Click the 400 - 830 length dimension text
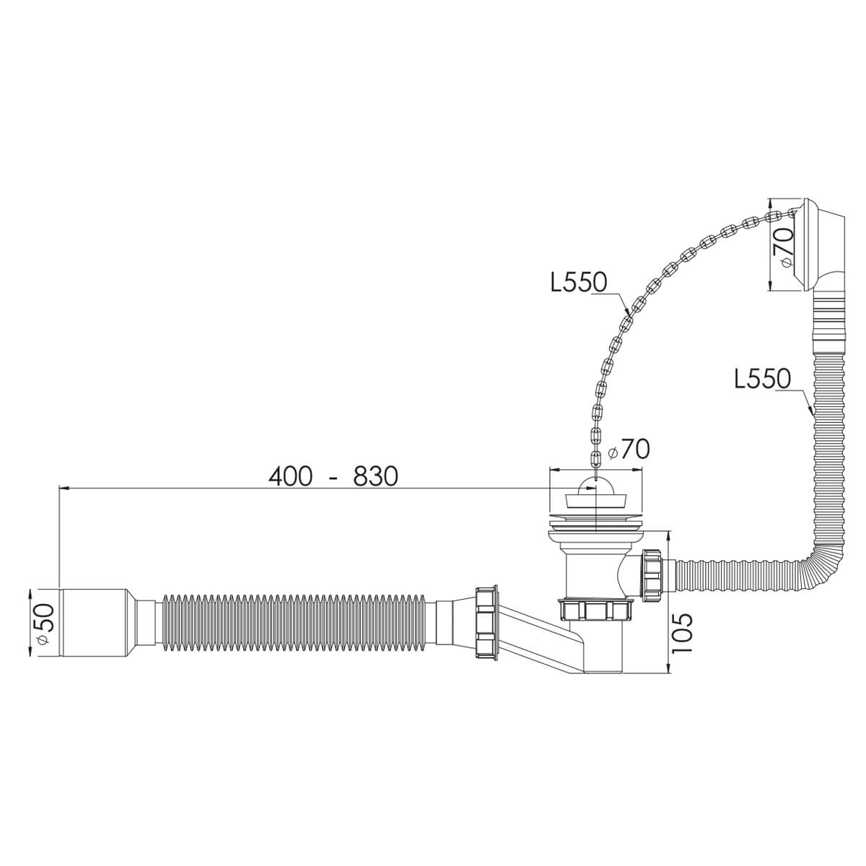[333, 476]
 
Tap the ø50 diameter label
[45, 625]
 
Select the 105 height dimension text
[683, 634]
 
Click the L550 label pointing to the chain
[579, 282]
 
